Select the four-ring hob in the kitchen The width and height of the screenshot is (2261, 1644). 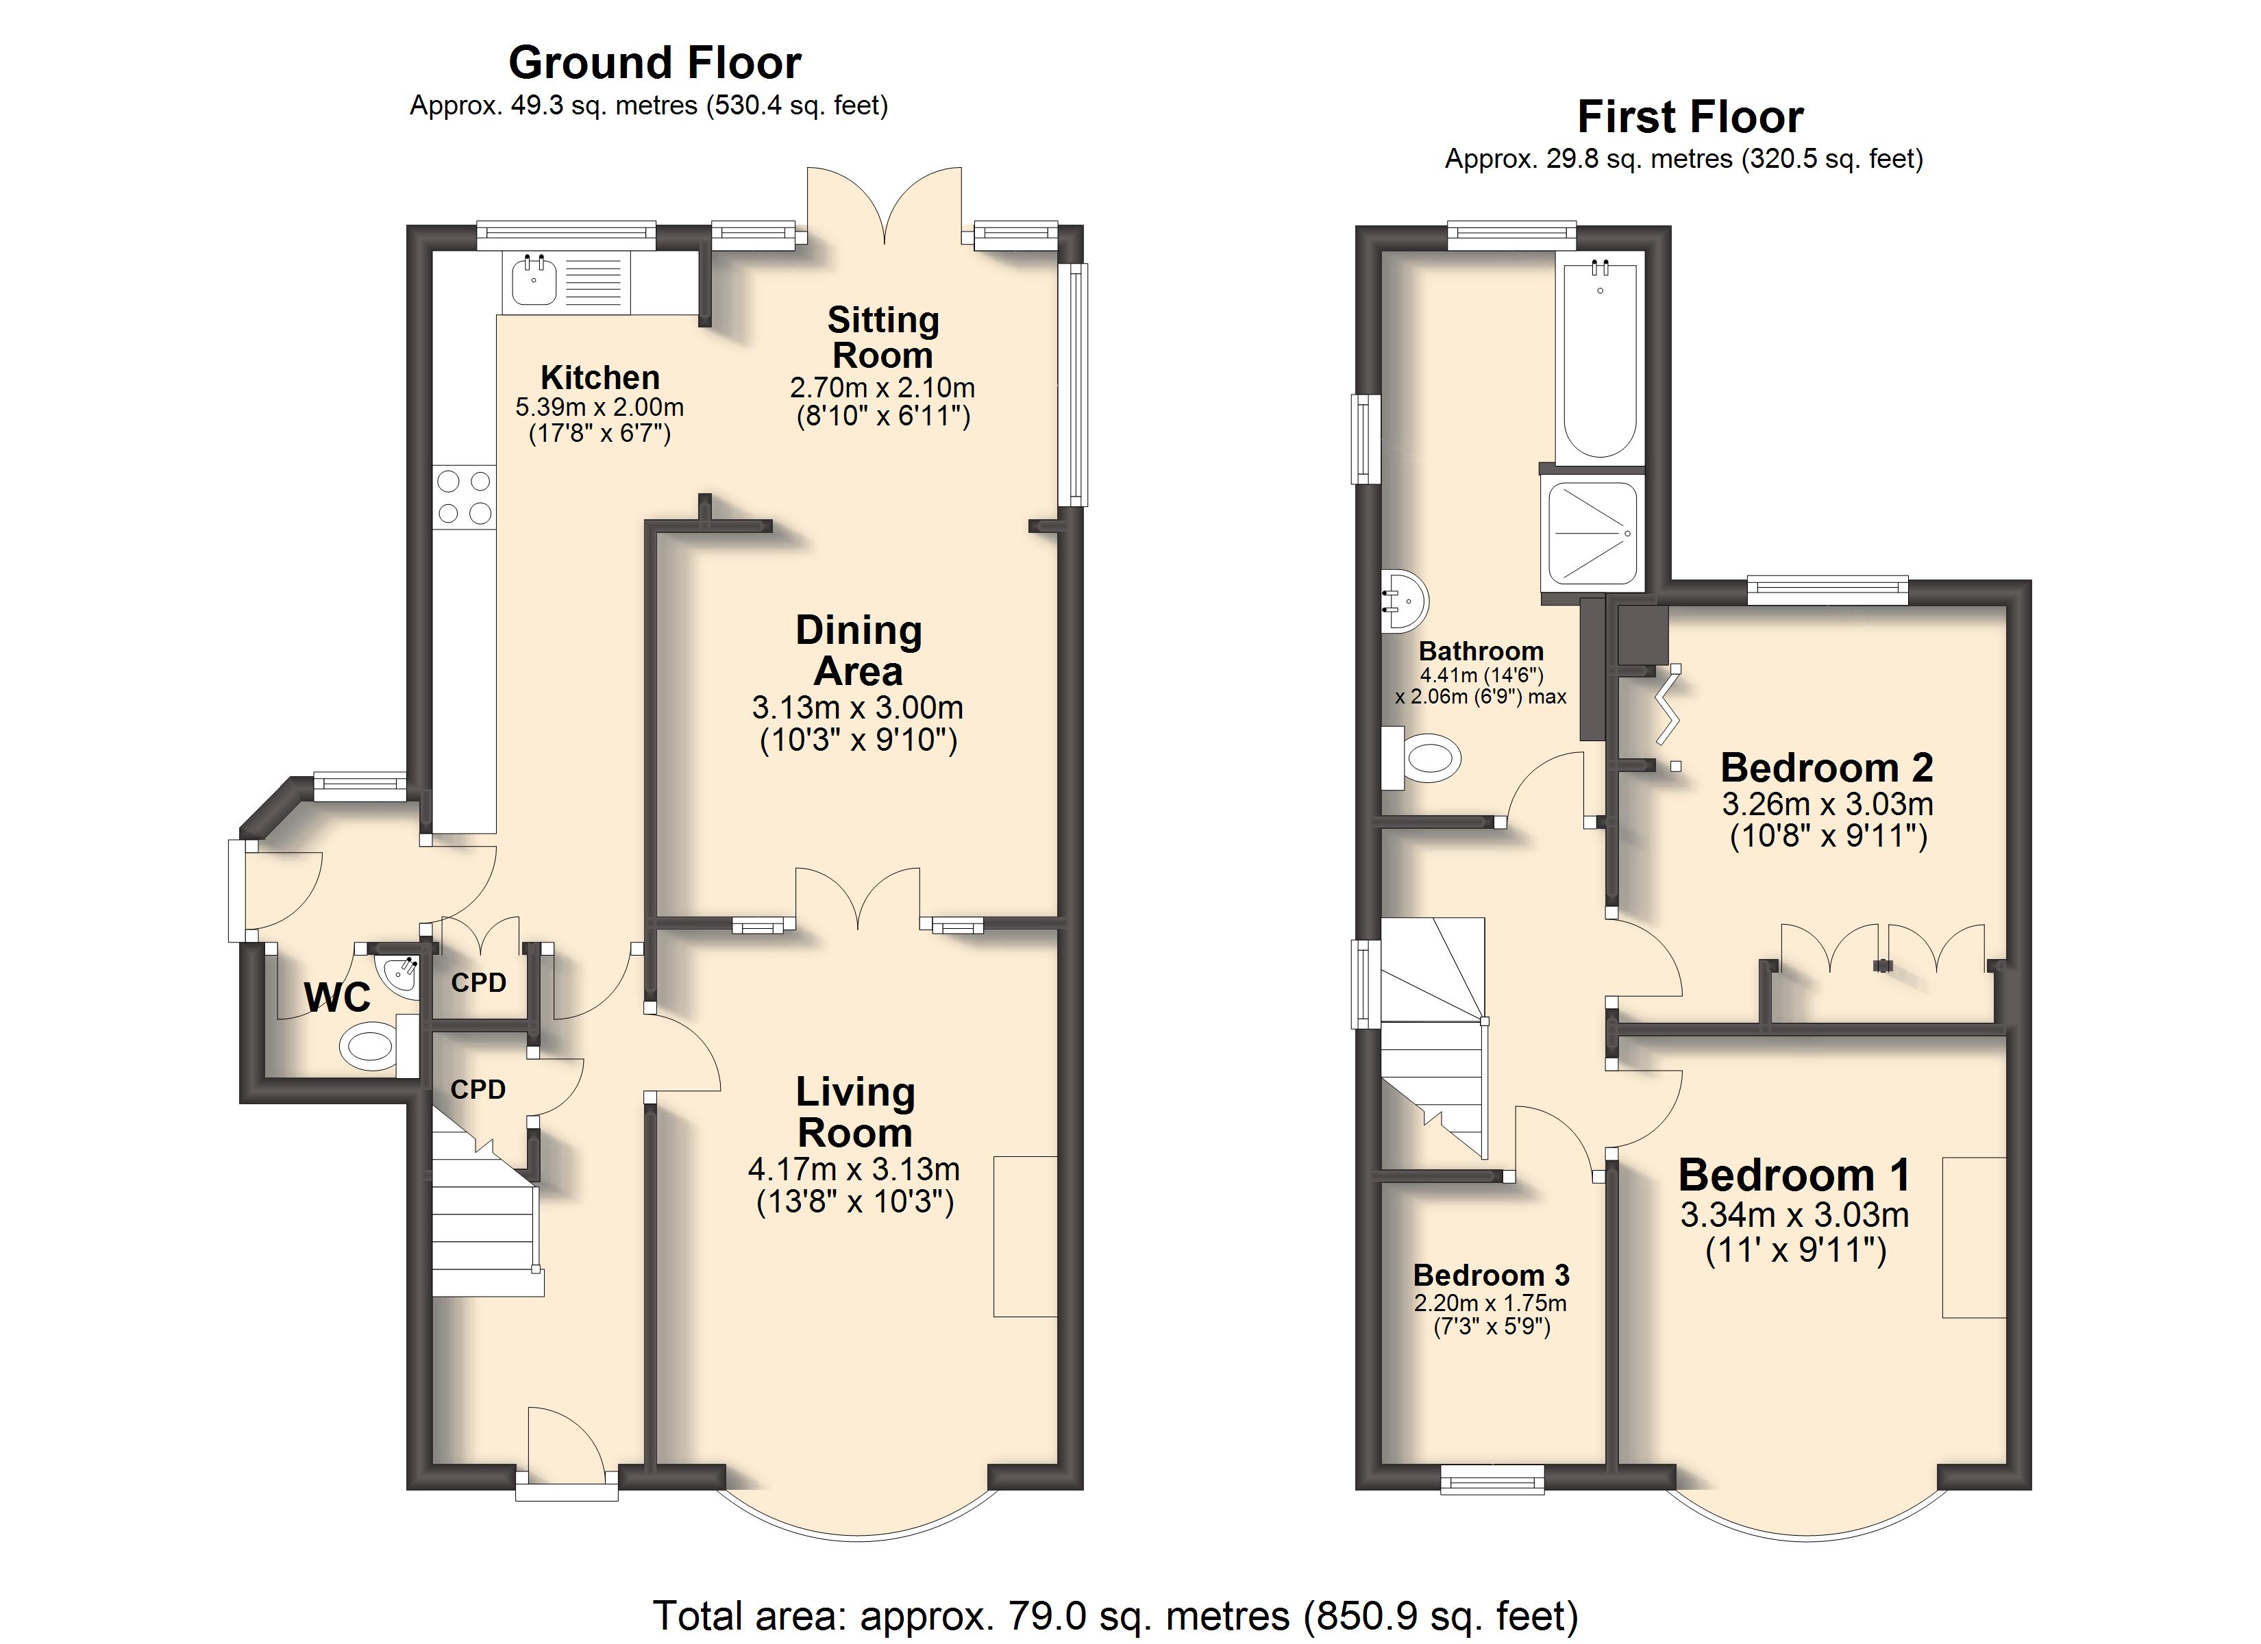pyautogui.click(x=465, y=497)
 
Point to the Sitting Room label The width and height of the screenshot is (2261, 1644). pyautogui.click(x=883, y=337)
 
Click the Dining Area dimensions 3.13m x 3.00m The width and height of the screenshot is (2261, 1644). pyautogui.click(x=857, y=708)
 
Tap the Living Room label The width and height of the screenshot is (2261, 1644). pyautogui.click(x=855, y=1112)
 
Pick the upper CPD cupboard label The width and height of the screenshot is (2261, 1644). pyautogui.click(x=478, y=983)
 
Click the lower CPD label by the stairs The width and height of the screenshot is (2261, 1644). pyautogui.click(x=478, y=1090)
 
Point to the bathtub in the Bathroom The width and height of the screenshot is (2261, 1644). pyautogui.click(x=1599, y=359)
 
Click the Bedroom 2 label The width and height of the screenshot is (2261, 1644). pyautogui.click(x=1827, y=768)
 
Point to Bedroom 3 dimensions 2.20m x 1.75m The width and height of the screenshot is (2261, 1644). pyautogui.click(x=1490, y=1303)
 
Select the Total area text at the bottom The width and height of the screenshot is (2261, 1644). pyautogui.click(x=1115, y=1615)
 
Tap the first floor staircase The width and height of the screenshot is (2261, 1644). pyautogui.click(x=1433, y=1037)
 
